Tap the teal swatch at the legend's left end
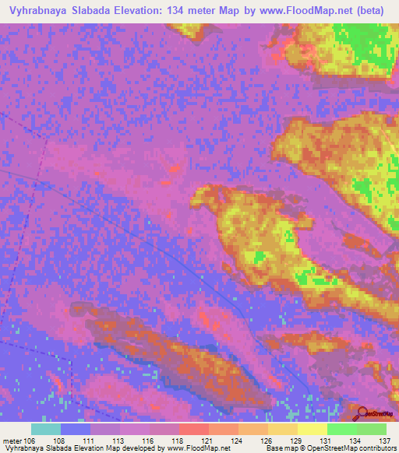[x=46, y=428]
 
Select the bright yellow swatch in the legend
[x=312, y=428]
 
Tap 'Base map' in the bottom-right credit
[x=281, y=448]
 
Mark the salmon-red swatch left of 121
[x=192, y=428]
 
